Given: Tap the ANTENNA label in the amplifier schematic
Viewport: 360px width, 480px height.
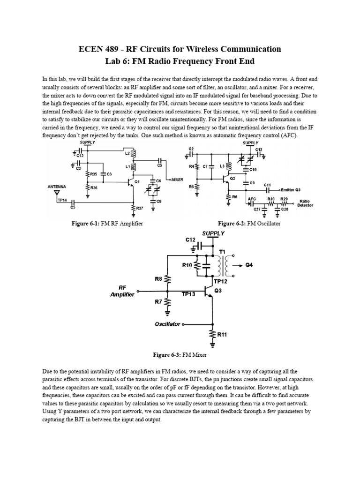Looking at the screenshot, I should [x=57, y=187].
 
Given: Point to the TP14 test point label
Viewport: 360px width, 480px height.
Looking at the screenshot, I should [x=61, y=200].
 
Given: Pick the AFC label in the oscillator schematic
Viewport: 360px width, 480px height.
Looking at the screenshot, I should [x=251, y=199].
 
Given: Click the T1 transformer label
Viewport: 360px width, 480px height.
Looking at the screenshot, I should [x=222, y=251].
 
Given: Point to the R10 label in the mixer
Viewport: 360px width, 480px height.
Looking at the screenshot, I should [x=187, y=265].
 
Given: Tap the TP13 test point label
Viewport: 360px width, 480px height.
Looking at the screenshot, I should [x=189, y=293].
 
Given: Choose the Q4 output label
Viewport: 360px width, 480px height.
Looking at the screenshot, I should [x=249, y=265].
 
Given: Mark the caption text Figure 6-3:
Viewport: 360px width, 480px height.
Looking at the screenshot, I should [x=163, y=355].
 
